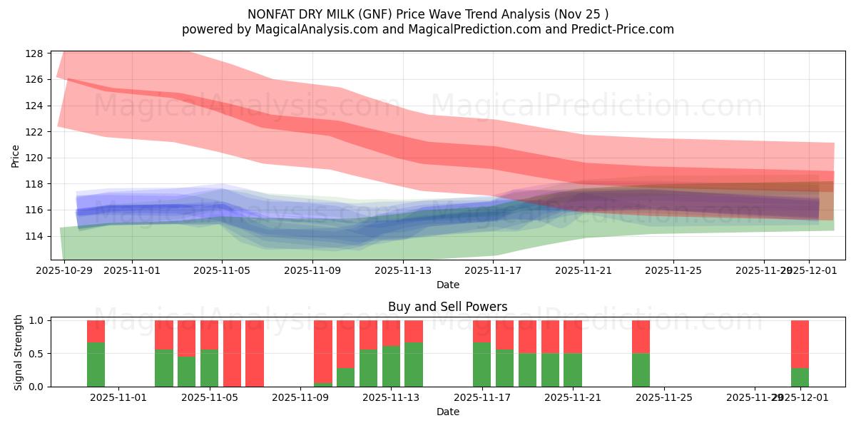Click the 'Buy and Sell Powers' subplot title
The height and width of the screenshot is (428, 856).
tap(447, 307)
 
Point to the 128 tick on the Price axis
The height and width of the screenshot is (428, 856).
tap(35, 53)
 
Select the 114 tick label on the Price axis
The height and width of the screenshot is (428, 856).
tap(35, 236)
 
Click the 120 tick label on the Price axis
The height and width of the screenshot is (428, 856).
tap(35, 158)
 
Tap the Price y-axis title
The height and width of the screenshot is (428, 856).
tap(16, 156)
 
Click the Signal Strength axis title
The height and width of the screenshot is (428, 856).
tap(19, 353)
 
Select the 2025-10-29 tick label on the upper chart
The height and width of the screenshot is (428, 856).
tap(64, 271)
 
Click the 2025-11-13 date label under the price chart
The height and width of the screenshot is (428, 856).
tap(403, 271)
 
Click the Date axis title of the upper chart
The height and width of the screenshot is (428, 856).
tap(447, 285)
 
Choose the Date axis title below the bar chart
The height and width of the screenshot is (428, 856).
tap(447, 412)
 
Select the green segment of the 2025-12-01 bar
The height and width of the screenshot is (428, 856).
tap(800, 377)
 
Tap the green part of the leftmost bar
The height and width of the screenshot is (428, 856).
tap(96, 365)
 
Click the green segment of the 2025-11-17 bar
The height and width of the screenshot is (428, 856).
tap(481, 365)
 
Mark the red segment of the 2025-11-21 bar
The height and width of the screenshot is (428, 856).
tap(573, 337)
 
